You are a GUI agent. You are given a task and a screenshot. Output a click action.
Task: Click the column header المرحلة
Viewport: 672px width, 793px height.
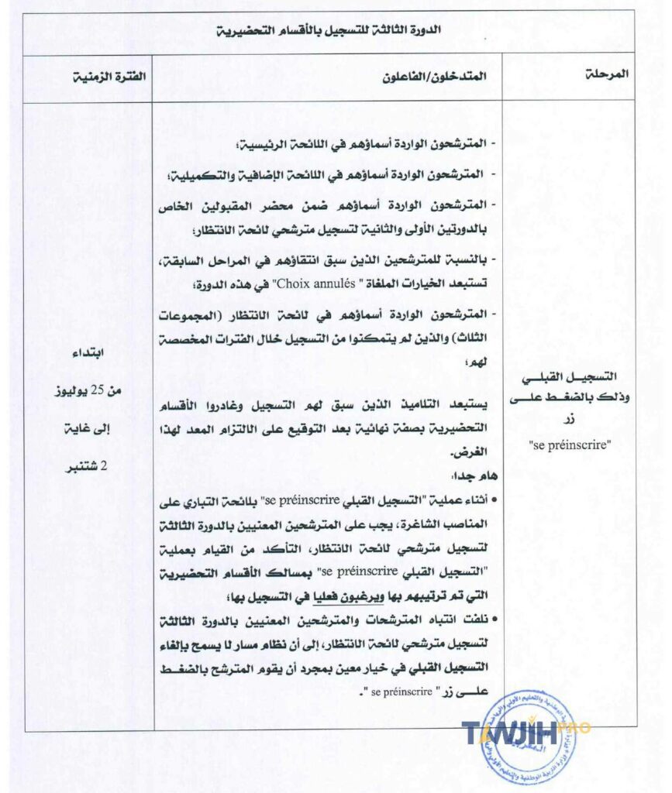605,75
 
